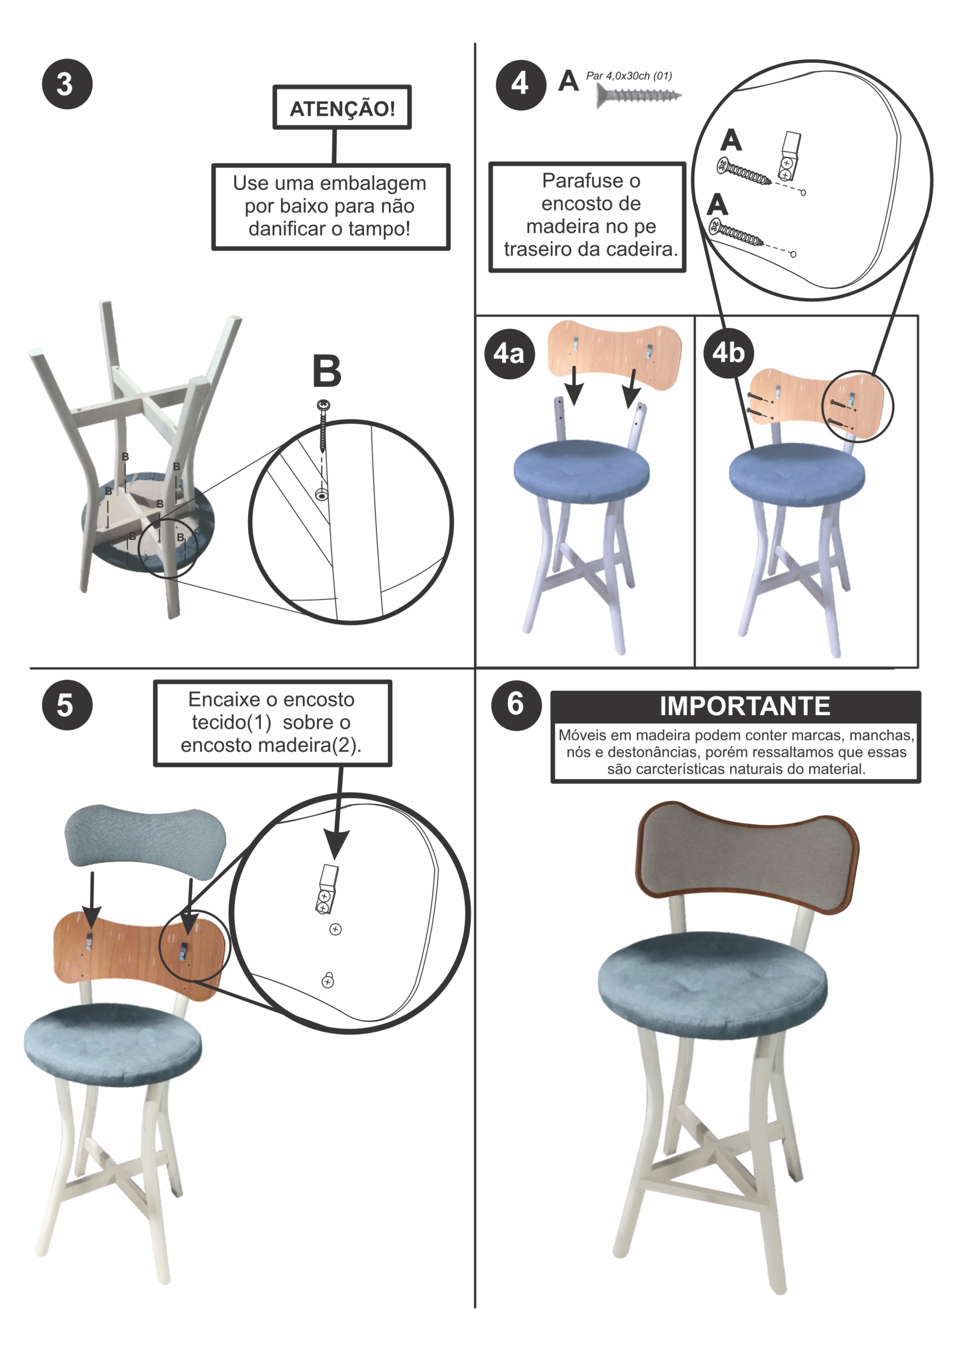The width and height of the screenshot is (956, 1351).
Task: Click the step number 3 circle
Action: (x=67, y=84)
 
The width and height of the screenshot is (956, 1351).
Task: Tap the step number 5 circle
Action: (x=67, y=705)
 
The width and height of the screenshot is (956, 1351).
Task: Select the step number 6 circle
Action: (x=516, y=705)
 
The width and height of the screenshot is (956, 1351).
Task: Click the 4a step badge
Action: (x=509, y=353)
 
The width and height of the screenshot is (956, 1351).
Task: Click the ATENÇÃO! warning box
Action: (x=342, y=108)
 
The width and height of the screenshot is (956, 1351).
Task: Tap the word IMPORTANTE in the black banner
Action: (x=745, y=706)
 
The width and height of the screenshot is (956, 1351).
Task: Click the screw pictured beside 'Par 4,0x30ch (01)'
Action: (x=639, y=96)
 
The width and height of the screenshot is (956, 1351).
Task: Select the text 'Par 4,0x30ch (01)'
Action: (x=629, y=75)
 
